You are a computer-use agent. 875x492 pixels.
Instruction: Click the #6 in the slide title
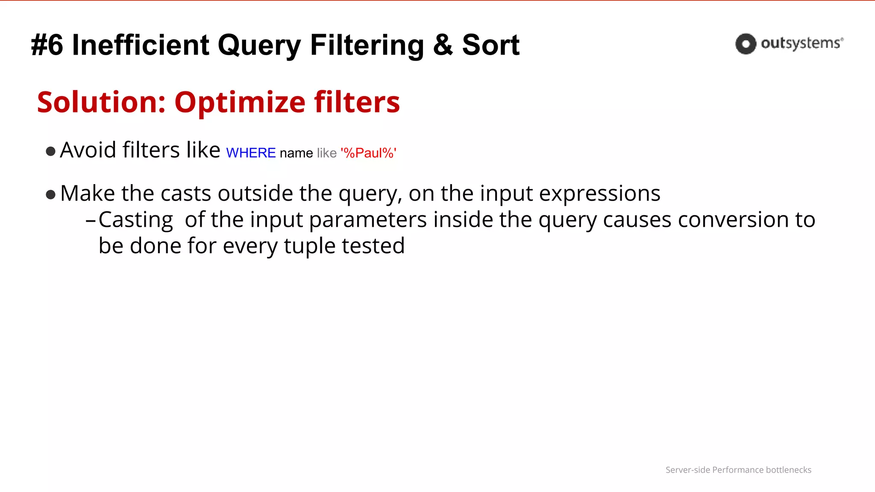(47, 45)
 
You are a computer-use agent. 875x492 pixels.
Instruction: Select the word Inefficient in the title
(141, 45)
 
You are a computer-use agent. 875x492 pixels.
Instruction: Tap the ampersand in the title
(443, 45)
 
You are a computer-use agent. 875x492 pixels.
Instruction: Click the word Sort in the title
(490, 45)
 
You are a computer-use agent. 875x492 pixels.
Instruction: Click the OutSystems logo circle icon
(746, 44)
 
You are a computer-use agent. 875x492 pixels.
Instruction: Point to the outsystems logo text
(801, 44)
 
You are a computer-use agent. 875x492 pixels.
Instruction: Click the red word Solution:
(101, 102)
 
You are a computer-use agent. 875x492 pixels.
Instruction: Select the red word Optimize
(240, 102)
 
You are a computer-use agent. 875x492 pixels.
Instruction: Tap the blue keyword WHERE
(251, 153)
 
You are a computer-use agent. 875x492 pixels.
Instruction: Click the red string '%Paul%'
(368, 153)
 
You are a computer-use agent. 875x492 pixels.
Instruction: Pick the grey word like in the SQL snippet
(326, 153)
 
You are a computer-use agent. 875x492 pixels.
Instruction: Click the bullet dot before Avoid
(50, 152)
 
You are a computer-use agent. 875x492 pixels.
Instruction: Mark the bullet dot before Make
(50, 195)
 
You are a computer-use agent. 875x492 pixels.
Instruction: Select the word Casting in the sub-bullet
(135, 220)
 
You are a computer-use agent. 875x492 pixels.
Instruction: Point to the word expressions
(599, 193)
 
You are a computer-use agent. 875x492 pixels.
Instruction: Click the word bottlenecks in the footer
(788, 470)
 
